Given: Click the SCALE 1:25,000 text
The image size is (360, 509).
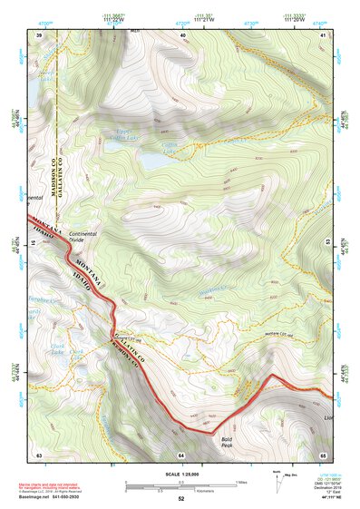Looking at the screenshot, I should pyautogui.click(x=180, y=474).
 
